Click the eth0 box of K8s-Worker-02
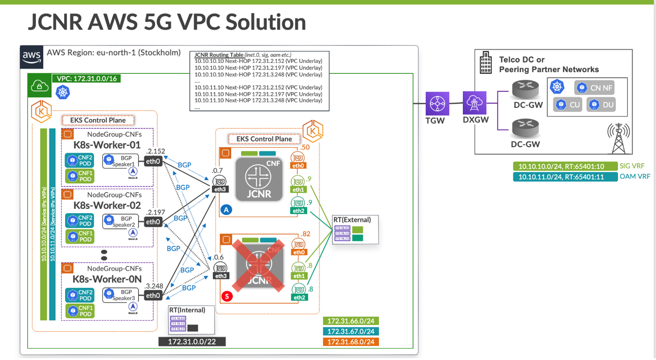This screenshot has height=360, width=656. click(x=153, y=222)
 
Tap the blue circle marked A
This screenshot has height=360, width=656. click(x=226, y=210)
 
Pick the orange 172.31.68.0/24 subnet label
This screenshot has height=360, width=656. click(x=351, y=342)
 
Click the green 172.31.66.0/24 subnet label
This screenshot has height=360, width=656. click(x=351, y=321)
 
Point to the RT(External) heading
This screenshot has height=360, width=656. click(x=353, y=220)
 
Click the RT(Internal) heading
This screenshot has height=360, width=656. click(x=187, y=310)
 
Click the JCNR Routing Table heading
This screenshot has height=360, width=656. click(x=219, y=55)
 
